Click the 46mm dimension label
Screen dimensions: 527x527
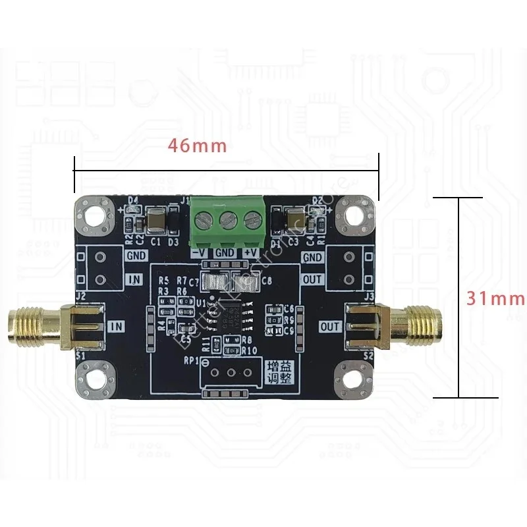click(197, 146)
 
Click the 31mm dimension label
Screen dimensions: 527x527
click(495, 298)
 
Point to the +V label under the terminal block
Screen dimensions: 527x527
click(250, 252)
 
